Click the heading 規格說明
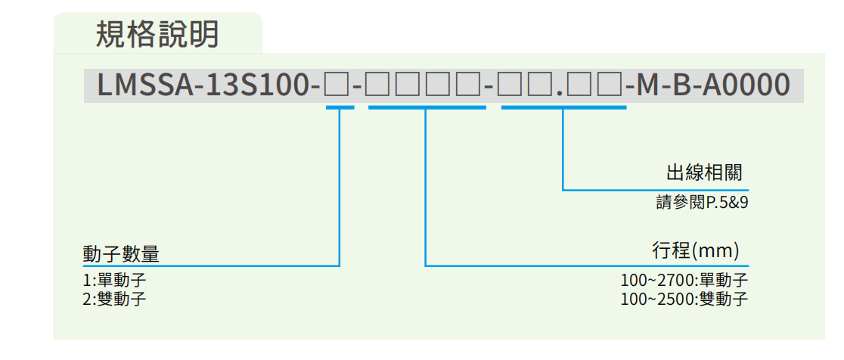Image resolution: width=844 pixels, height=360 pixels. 157,34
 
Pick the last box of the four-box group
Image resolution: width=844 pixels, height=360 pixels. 470,85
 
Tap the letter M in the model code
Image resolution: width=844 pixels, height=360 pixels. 652,85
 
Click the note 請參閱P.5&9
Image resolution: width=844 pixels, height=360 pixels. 701,203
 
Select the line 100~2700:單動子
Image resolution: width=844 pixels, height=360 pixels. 684,281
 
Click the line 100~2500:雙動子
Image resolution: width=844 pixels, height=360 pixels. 684,299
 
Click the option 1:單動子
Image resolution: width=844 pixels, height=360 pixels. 115,281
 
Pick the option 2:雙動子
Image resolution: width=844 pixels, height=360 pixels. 115,299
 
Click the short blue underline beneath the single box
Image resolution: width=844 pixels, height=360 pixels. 340,107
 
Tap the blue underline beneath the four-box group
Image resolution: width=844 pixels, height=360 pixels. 427,107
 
